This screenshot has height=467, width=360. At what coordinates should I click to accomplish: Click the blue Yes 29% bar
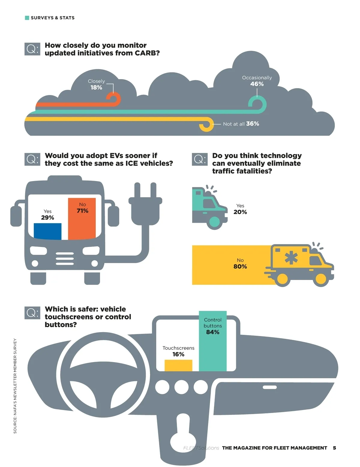(x=47, y=231)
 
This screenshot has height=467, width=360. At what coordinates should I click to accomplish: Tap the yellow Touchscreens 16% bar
(x=178, y=365)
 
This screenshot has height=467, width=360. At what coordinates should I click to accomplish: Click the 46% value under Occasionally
(x=257, y=84)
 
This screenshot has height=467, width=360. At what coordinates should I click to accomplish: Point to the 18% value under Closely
(x=96, y=88)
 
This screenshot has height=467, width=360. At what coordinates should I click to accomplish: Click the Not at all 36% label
(x=241, y=124)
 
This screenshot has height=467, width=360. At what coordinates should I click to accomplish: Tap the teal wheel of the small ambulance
(x=214, y=222)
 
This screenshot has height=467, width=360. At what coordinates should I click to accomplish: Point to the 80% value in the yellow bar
(x=240, y=266)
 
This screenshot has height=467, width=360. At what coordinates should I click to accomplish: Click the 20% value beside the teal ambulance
(x=240, y=212)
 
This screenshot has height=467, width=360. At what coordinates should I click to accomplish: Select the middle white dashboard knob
(x=181, y=387)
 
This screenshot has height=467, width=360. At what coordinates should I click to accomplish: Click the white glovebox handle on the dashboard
(x=270, y=387)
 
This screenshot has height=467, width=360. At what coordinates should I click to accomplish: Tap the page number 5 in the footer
(x=334, y=448)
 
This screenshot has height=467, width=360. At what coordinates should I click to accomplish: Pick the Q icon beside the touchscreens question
(x=32, y=313)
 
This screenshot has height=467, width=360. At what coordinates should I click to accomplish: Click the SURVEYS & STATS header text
(x=52, y=18)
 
